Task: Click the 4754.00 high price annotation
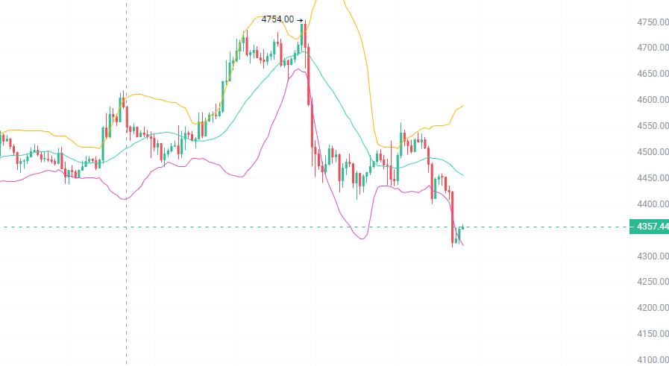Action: pos(277,19)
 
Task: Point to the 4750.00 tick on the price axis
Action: pos(652,22)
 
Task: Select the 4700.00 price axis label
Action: pos(652,48)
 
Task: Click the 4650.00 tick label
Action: pos(652,74)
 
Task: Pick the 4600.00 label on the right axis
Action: pos(652,100)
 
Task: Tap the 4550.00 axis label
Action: pos(652,126)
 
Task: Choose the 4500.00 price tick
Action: pos(652,152)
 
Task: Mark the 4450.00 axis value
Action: pos(652,178)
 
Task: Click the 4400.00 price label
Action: pos(652,204)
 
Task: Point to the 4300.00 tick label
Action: pos(652,256)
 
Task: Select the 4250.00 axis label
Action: pos(652,282)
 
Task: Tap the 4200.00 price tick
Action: pos(652,308)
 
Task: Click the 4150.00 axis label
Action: pos(652,334)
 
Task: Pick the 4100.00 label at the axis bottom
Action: pos(652,360)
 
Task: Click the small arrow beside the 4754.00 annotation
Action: pos(300,20)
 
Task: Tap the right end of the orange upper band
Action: pos(463,106)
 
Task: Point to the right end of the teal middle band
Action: pos(463,176)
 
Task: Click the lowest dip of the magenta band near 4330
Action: pos(362,239)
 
